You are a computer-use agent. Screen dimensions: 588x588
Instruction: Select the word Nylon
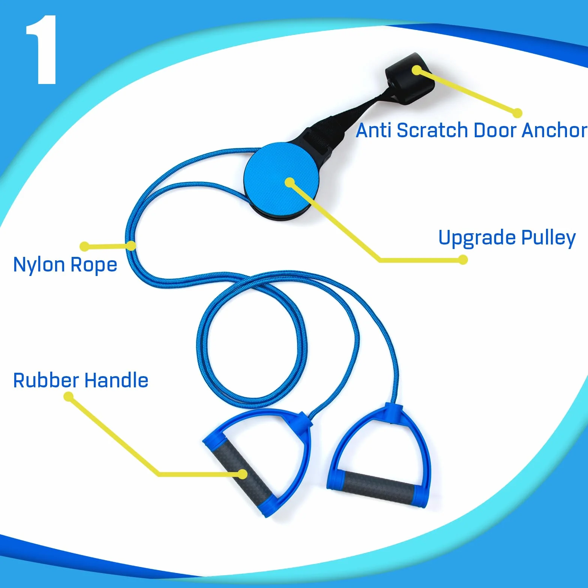39,265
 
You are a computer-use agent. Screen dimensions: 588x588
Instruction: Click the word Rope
94,265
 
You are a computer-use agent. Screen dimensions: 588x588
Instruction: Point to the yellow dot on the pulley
289,183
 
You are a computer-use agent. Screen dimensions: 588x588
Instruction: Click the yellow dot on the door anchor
417,70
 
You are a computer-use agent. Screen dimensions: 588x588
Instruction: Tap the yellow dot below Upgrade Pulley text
463,259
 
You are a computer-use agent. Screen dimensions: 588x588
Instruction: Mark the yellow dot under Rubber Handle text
68,397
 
